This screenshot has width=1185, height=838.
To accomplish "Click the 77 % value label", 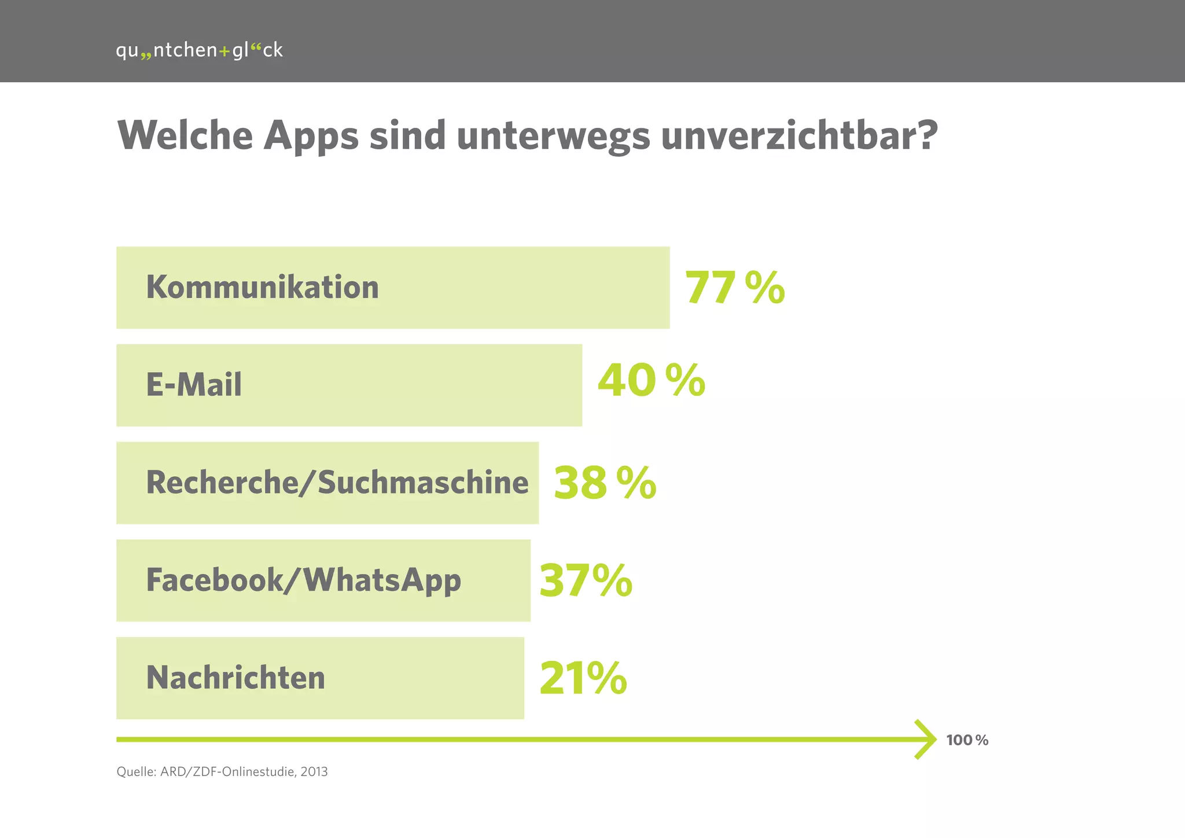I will click(734, 288).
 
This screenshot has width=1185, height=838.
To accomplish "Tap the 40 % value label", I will click(651, 381).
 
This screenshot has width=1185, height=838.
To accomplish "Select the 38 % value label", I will click(605, 483).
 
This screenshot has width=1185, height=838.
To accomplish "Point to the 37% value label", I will click(586, 580).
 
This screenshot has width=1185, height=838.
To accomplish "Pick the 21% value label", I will click(583, 678).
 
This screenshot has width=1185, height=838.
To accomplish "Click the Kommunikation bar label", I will click(262, 287).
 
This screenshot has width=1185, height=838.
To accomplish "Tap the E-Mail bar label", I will click(194, 385).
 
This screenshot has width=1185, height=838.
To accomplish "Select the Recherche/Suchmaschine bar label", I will click(337, 483).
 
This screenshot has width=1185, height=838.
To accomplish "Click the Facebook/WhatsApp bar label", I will click(303, 580).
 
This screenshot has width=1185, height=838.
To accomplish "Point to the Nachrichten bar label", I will click(235, 678).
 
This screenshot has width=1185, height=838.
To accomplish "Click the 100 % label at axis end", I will click(967, 740).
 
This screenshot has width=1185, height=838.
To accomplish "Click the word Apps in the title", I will click(311, 137).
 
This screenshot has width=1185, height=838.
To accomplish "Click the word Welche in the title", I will click(185, 135).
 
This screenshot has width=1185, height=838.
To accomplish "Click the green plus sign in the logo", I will click(225, 52).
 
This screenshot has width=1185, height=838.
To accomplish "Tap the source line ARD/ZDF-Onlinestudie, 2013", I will click(222, 771).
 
